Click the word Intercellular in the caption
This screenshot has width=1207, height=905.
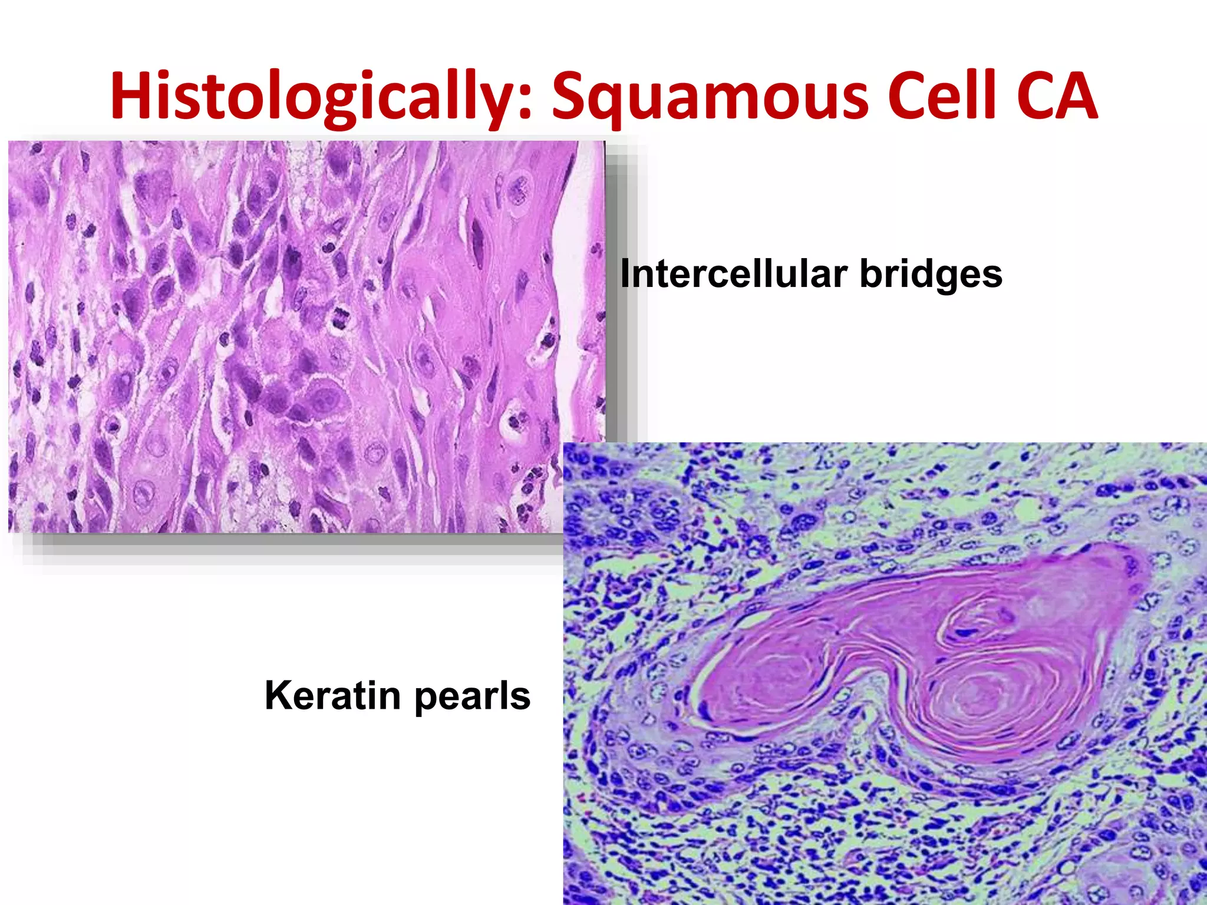click(734, 274)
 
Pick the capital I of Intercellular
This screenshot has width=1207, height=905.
click(625, 274)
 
